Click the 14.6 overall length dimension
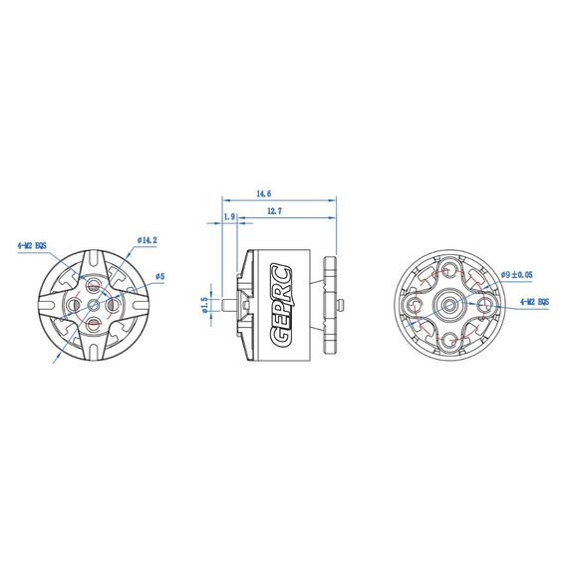point(264,192)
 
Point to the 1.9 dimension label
point(230,216)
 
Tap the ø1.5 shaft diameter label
point(204,304)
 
